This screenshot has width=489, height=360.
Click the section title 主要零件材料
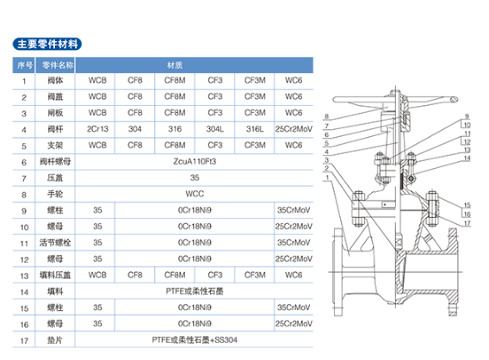(x=47, y=44)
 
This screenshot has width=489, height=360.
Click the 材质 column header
(x=175, y=65)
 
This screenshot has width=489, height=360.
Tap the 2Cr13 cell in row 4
(x=97, y=129)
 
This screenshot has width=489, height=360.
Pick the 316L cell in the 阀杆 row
(x=255, y=129)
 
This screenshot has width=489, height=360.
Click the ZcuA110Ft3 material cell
(x=195, y=162)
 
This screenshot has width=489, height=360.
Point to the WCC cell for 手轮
(x=195, y=194)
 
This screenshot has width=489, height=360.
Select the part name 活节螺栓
(x=55, y=243)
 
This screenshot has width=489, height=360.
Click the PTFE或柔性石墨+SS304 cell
(x=195, y=340)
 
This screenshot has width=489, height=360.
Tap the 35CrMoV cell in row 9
(x=294, y=210)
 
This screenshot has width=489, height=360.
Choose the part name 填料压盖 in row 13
(x=55, y=275)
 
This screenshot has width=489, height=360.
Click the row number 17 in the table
(x=24, y=341)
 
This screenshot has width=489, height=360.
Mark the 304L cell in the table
(x=215, y=129)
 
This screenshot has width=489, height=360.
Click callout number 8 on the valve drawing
(x=326, y=116)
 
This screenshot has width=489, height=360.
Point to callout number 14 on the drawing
(x=467, y=158)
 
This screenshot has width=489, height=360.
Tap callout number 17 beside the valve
(x=467, y=223)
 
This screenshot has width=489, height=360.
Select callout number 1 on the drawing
(x=327, y=177)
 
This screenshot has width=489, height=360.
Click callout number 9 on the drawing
(x=467, y=116)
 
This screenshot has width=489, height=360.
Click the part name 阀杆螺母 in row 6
(x=55, y=162)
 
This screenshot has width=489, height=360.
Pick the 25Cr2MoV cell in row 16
(x=294, y=324)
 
